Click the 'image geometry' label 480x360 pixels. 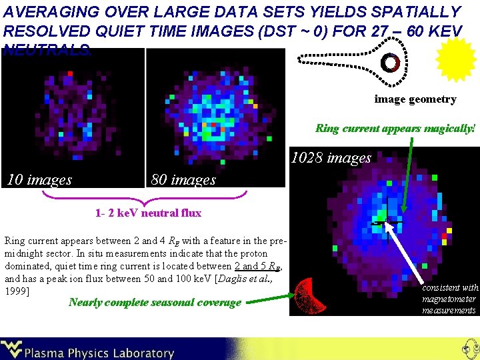pos(415,99)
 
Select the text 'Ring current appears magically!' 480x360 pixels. pos(395,128)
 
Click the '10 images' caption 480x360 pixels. pos(39,179)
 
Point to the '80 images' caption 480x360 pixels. pos(184,179)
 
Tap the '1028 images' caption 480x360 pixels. pos(331,158)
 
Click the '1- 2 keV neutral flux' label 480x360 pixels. pos(148,213)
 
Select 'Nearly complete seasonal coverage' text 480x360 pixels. pos(155,302)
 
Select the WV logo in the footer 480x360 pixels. pos(12,349)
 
